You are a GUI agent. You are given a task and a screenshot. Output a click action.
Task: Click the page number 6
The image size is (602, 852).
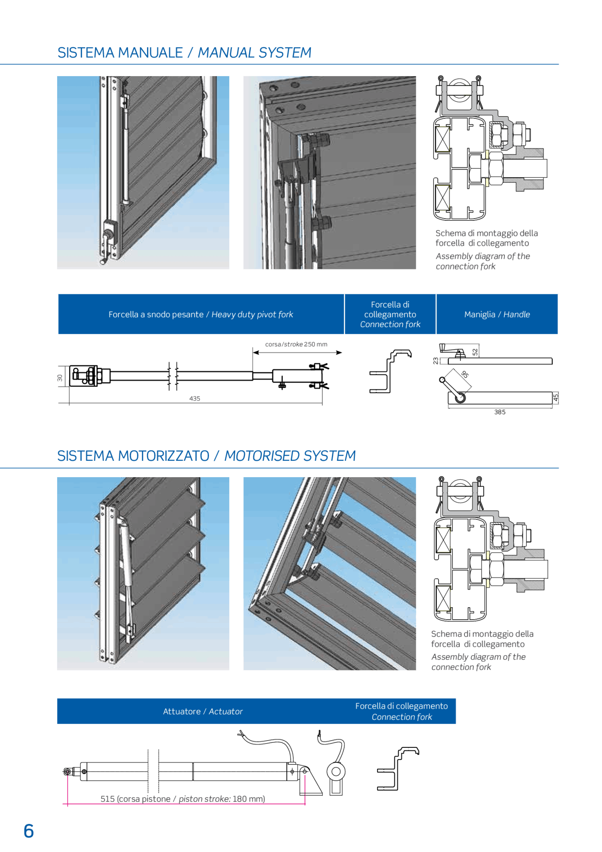(28, 831)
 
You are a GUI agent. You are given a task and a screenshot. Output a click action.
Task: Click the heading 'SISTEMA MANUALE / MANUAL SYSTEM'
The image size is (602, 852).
(184, 52)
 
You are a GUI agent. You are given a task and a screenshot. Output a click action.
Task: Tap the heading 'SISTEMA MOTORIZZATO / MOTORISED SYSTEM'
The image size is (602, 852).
(206, 456)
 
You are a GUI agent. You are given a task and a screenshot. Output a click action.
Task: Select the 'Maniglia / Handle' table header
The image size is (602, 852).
(497, 315)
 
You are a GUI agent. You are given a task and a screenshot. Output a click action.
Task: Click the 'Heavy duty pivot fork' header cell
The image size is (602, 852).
(201, 315)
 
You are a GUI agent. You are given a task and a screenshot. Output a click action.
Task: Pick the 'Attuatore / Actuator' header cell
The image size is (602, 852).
(203, 711)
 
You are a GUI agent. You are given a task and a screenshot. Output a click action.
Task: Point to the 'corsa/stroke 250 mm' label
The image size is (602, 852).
(296, 344)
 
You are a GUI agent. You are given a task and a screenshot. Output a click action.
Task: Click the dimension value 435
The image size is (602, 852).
(194, 399)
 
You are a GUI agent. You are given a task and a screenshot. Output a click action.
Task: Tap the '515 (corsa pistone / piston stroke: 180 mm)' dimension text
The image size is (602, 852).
(183, 799)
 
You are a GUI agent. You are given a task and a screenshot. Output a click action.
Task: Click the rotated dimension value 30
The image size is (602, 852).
(60, 378)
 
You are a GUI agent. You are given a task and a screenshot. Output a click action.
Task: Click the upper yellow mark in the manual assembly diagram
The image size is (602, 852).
(487, 154)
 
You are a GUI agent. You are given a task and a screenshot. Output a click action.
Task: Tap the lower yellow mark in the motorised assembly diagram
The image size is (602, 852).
(488, 583)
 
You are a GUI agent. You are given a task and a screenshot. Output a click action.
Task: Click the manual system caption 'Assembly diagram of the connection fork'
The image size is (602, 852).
(482, 261)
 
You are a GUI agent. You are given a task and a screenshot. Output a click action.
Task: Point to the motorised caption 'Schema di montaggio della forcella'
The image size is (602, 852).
(482, 639)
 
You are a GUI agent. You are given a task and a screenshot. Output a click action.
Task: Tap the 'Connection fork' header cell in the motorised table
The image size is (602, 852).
(402, 711)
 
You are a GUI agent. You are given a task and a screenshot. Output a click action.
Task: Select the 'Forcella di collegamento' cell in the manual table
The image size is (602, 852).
(390, 315)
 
